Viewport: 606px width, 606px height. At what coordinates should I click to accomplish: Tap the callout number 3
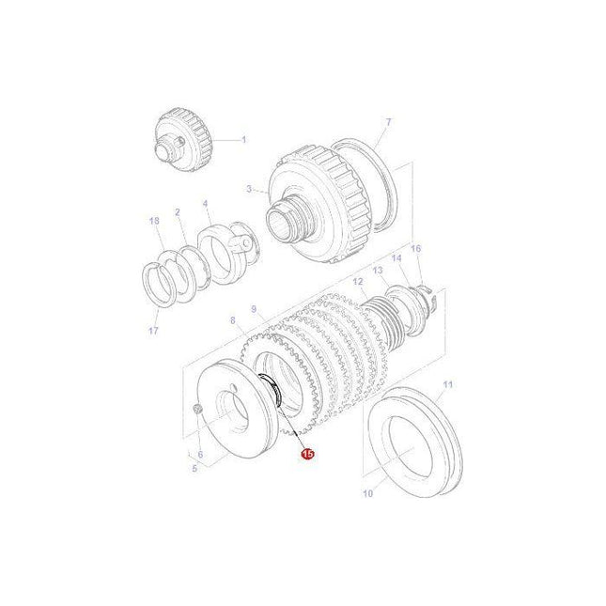pos(250,189)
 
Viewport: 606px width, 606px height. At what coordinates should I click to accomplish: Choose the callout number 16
pos(416,248)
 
